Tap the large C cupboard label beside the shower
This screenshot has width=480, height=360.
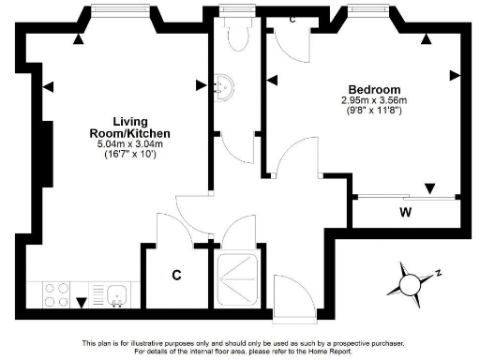176,275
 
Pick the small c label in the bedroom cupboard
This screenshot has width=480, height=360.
293,20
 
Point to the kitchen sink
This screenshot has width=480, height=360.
117,295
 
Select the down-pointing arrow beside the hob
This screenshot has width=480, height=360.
81,302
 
